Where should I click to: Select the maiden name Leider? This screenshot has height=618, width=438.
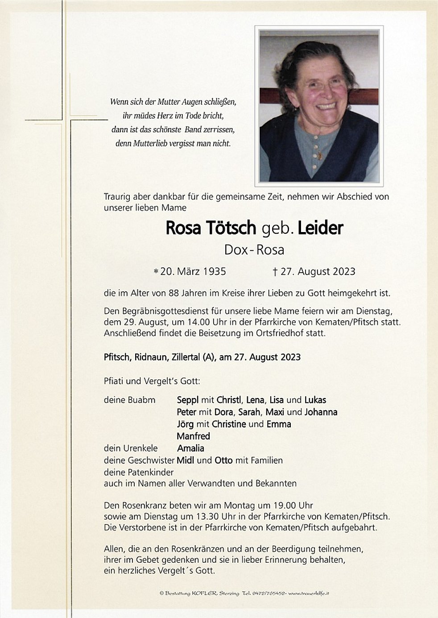coord(320,228)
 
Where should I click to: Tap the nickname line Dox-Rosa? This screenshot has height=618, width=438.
coord(254,249)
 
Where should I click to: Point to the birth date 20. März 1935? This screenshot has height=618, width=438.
coord(193,271)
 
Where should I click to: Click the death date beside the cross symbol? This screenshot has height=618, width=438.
coord(318,271)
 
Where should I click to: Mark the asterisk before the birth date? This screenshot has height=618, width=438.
coord(156,271)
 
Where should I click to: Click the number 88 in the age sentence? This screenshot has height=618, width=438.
coord(174,293)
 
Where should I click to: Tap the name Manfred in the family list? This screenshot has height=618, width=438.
coord(193,436)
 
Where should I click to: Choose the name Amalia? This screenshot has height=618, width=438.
coord(190,448)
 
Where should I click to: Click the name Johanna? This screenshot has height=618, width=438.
coord(321,412)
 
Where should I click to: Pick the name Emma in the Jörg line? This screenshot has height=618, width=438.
coord(278,424)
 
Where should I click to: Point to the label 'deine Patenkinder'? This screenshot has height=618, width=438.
coord(139,472)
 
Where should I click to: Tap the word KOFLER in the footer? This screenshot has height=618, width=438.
coord(204,593)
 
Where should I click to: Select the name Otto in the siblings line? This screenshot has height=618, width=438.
coord(223,460)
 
